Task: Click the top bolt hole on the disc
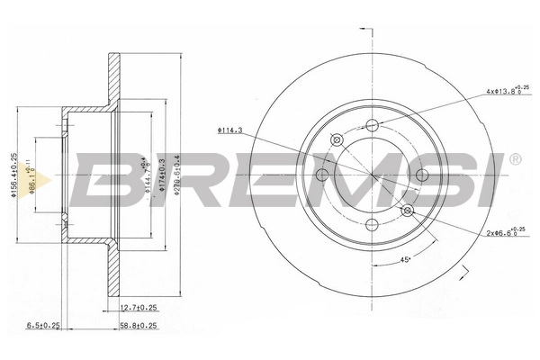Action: pos(372,126)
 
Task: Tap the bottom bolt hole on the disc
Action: pos(372,224)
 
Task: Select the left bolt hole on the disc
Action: pos(322,175)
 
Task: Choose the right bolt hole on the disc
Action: pos(420,175)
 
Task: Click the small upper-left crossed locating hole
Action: pos(337,139)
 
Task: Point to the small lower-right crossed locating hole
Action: pos(407,210)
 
